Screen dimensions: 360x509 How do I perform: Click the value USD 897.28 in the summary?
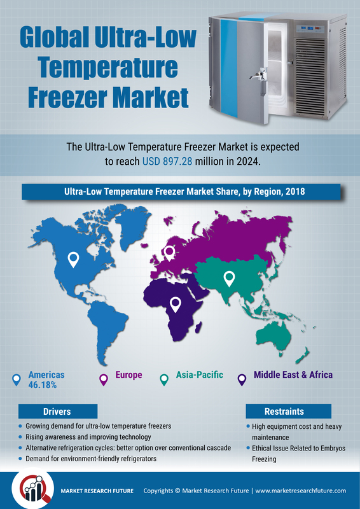click(x=168, y=162)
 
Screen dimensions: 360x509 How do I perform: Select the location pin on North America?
click(x=73, y=260)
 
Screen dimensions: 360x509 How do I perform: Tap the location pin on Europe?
click(x=169, y=253)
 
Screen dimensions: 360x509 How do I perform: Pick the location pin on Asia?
click(x=229, y=279)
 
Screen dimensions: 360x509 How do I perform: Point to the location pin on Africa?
click(x=176, y=305)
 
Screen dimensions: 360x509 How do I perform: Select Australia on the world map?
click(x=273, y=338)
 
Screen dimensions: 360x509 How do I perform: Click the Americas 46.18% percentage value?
click(x=43, y=385)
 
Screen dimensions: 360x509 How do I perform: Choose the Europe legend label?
click(x=129, y=375)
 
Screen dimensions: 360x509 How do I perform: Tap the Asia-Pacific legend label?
click(x=200, y=375)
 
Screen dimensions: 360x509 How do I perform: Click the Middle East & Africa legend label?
click(x=293, y=375)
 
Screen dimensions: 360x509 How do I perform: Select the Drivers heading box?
click(x=58, y=411)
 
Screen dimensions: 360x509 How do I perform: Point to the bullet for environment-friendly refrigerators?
click(x=21, y=459)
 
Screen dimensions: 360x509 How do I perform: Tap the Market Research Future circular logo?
click(x=33, y=490)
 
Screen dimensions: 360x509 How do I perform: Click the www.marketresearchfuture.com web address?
click(x=301, y=491)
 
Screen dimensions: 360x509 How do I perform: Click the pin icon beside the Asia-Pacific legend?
click(x=164, y=379)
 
